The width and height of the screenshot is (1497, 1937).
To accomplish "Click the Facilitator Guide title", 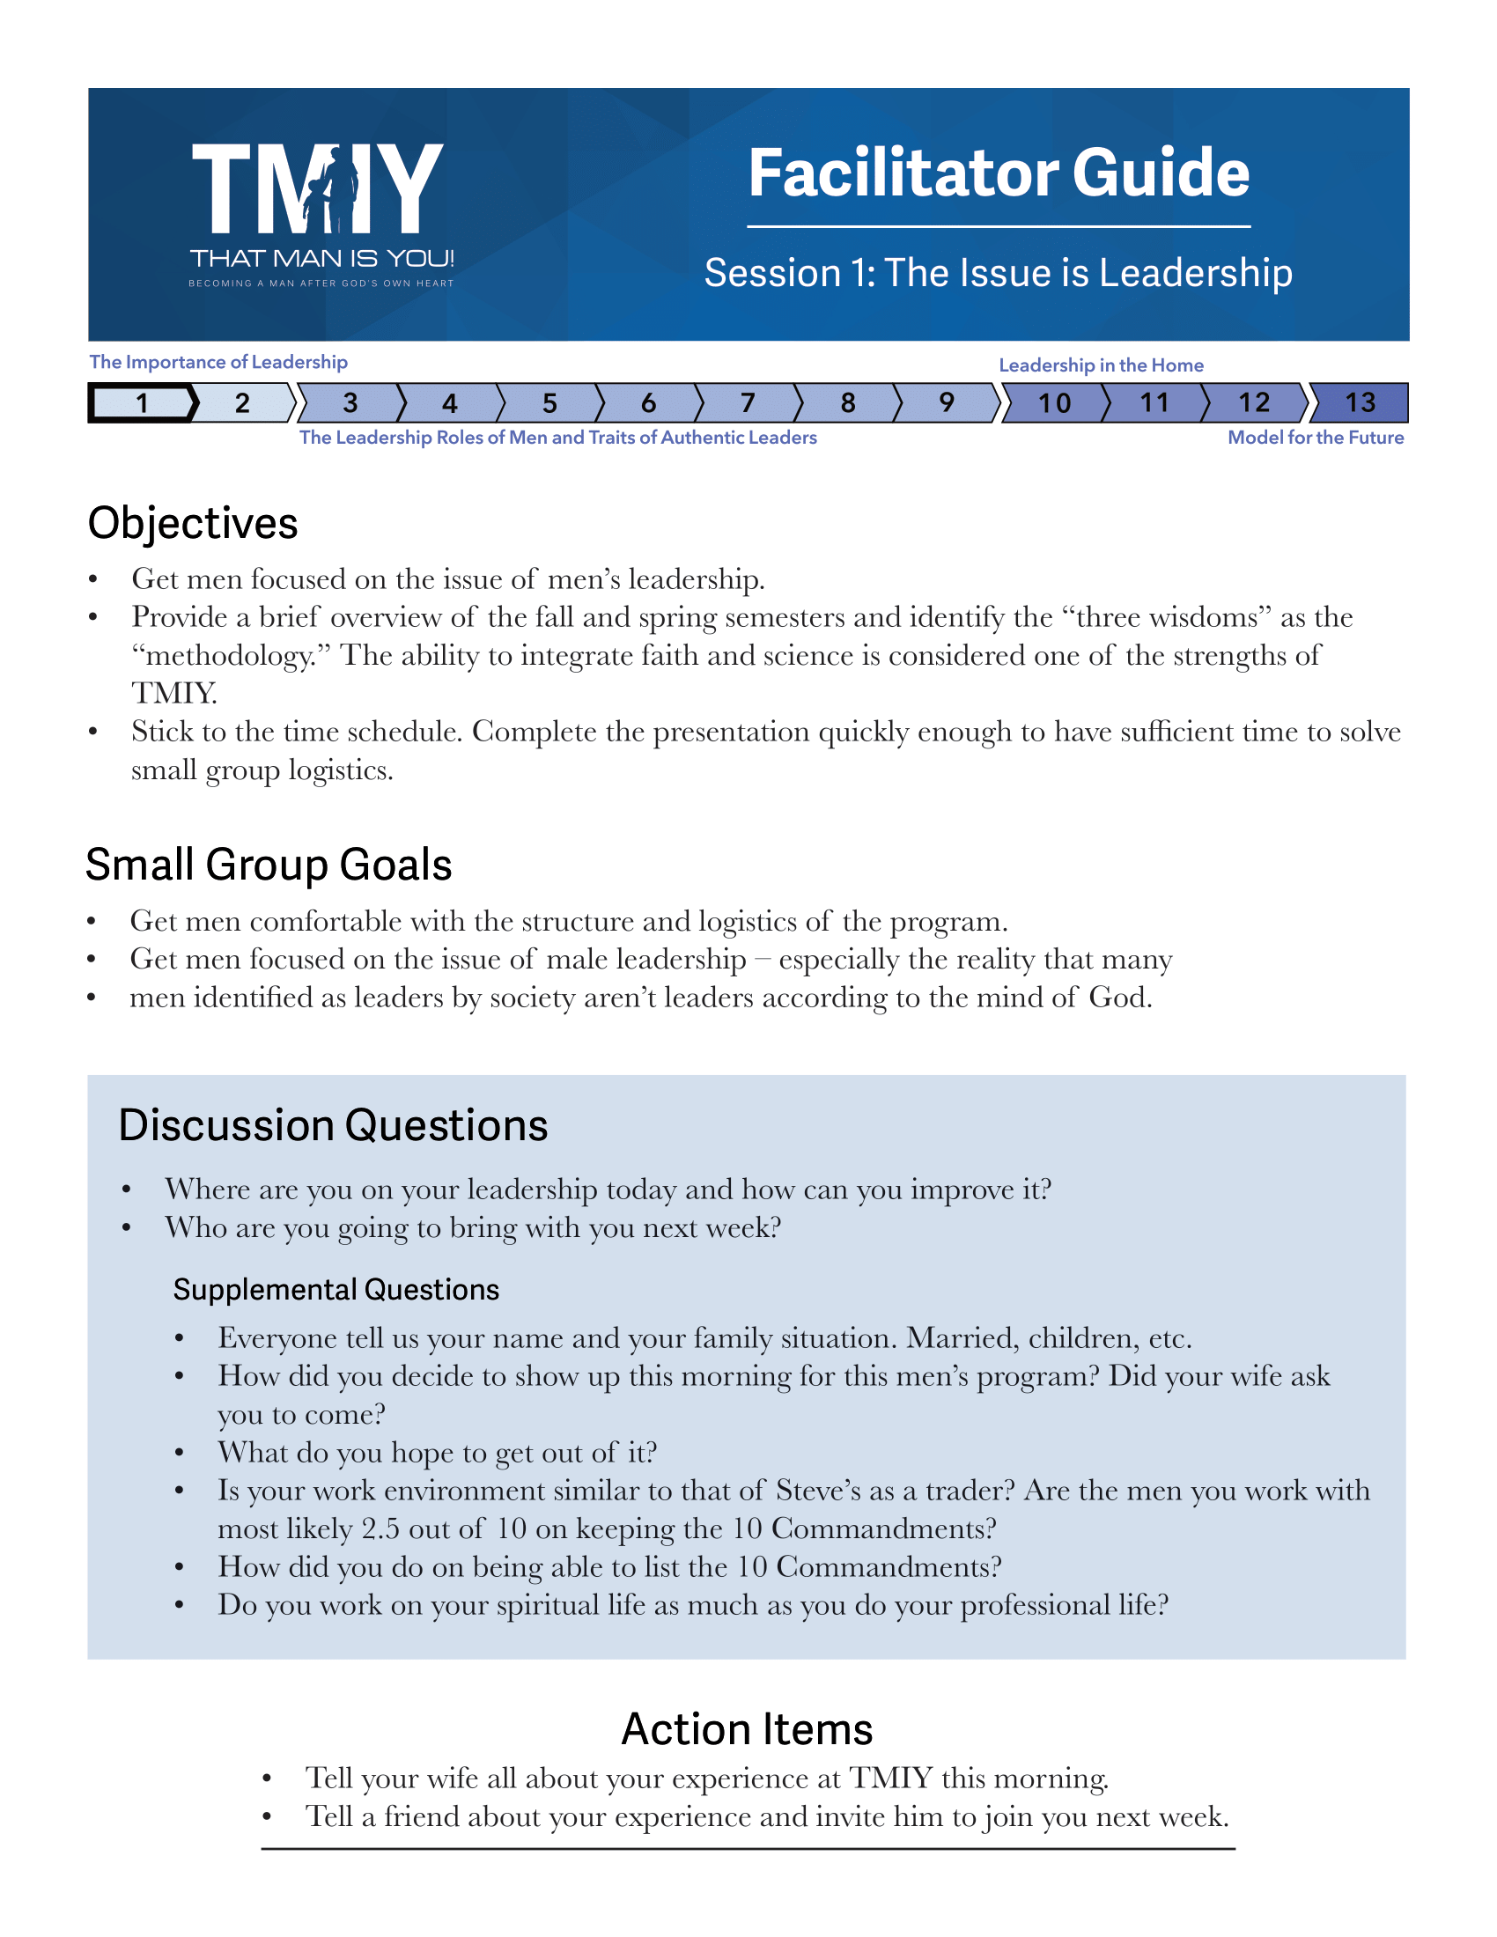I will (999, 173).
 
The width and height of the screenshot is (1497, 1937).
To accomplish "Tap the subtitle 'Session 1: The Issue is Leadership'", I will (998, 273).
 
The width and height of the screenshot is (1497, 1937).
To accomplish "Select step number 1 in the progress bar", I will (142, 403).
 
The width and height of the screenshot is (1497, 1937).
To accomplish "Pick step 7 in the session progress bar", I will (748, 403).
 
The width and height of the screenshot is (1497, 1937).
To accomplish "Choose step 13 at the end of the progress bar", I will (1360, 403).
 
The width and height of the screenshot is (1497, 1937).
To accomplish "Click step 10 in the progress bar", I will (1054, 403).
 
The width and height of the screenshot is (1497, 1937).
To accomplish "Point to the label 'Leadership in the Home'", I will (1101, 365).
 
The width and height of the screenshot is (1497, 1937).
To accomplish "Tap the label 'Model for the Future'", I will (1316, 438).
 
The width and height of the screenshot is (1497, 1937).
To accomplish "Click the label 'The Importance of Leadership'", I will (218, 362).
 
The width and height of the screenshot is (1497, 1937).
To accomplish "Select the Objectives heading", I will (193, 523).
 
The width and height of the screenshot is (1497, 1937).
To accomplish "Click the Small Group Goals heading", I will (269, 865).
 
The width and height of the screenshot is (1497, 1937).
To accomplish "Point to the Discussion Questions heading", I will (333, 1125).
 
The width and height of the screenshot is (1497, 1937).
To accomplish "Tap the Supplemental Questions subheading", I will (336, 1290).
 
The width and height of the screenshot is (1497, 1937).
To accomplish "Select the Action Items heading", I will (747, 1729).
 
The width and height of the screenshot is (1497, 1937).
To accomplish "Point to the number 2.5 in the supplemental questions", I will (381, 1529).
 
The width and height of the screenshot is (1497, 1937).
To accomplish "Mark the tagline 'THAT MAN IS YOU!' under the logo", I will (322, 259).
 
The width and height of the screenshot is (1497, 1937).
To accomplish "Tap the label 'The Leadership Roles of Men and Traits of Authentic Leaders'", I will (557, 438).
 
